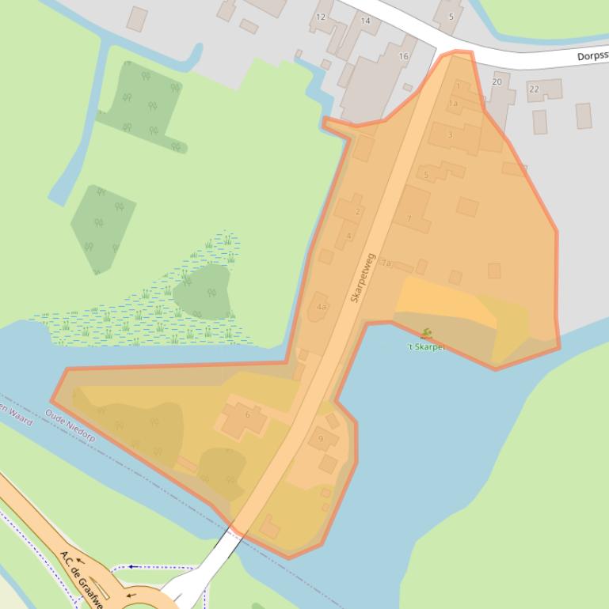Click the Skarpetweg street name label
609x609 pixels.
(362, 278)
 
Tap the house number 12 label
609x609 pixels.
(321, 17)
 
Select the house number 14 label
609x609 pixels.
(365, 21)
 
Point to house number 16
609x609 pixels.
(403, 56)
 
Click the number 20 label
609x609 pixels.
(497, 81)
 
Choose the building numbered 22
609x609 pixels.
(534, 89)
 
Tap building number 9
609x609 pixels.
(322, 438)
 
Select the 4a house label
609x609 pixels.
(321, 307)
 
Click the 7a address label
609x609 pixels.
(386, 263)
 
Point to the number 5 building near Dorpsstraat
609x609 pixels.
(451, 17)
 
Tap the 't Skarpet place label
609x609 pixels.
(427, 346)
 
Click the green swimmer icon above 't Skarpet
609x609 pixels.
(426, 334)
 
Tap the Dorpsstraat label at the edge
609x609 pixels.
(592, 56)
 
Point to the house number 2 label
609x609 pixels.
(358, 211)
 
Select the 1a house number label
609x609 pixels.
(453, 103)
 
